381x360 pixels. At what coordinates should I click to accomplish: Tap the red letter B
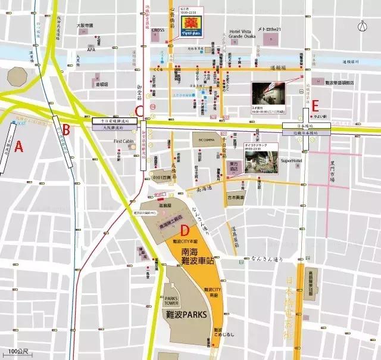67,129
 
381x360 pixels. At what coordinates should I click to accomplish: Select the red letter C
139,111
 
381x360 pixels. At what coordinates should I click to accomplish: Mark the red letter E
316,106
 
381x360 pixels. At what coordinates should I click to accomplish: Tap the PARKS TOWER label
171,301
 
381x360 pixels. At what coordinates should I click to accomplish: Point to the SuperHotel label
292,160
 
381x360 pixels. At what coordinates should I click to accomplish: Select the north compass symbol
362,26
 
